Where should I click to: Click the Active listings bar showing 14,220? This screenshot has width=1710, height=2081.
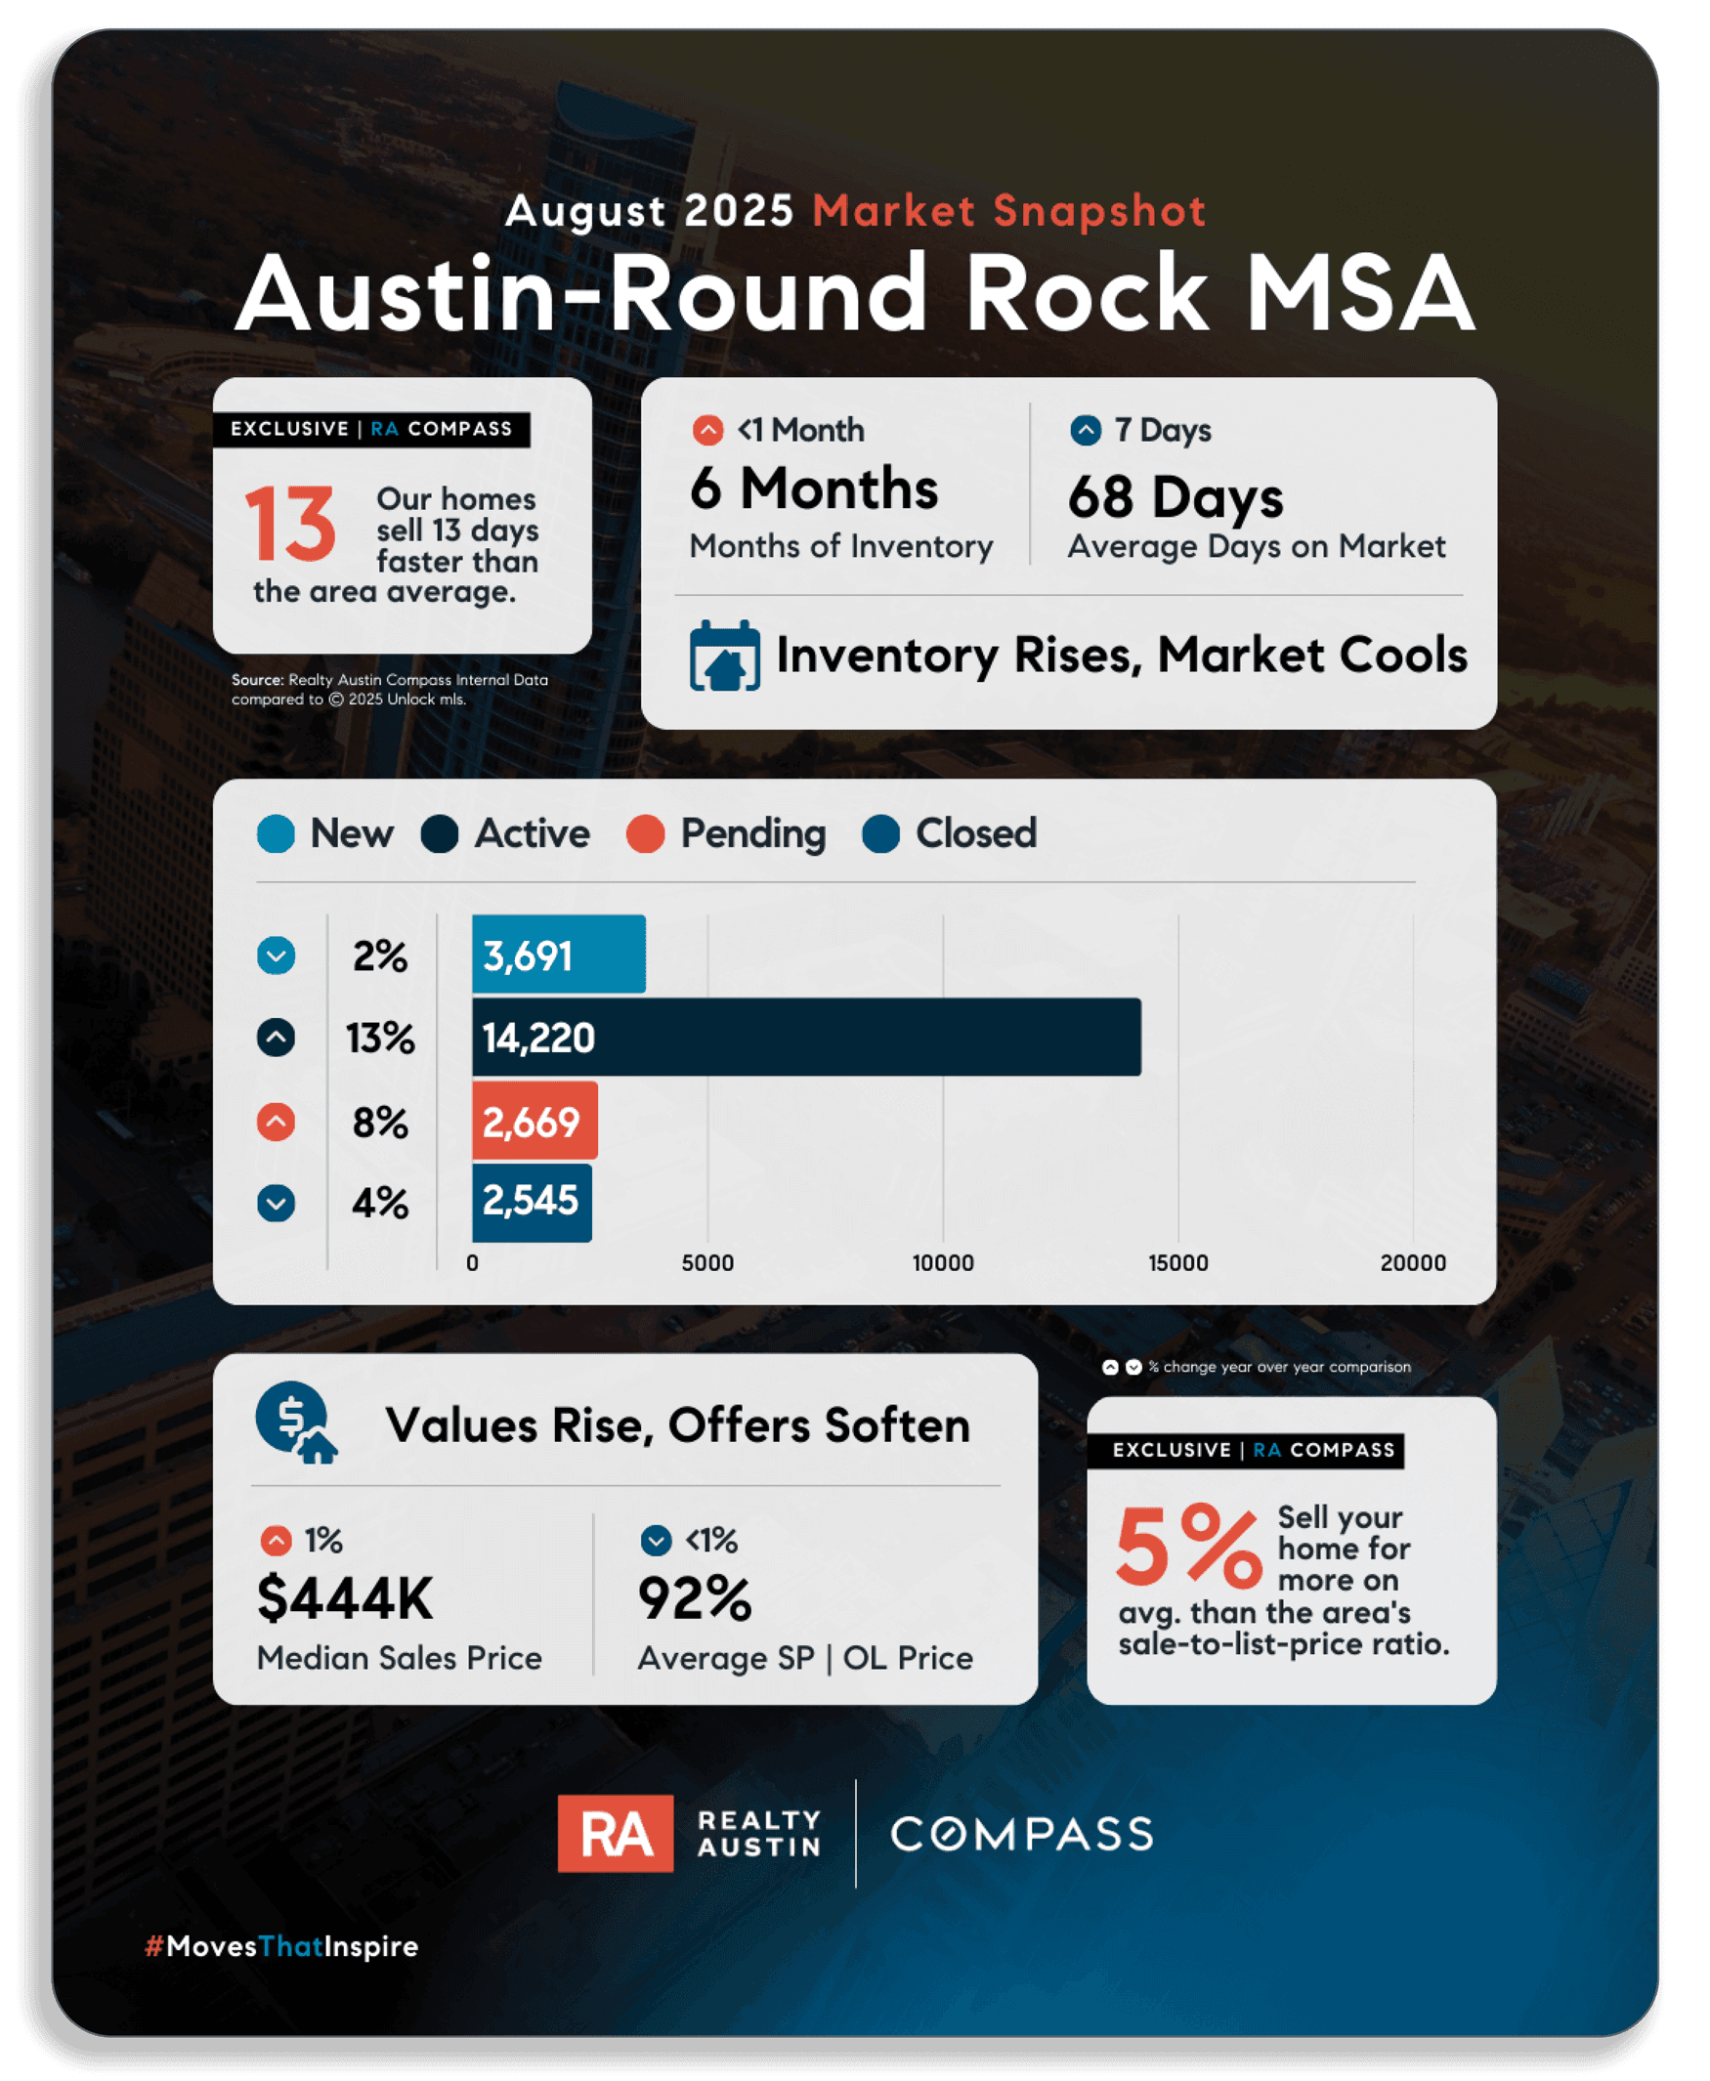pyautogui.click(x=806, y=1037)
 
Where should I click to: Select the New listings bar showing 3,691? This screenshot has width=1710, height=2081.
pyautogui.click(x=559, y=955)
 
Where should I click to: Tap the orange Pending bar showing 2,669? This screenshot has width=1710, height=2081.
pyautogui.click(x=534, y=1121)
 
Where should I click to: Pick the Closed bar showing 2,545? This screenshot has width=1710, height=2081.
pyautogui.click(x=531, y=1203)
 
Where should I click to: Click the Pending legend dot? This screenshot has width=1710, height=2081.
pyautogui.click(x=645, y=834)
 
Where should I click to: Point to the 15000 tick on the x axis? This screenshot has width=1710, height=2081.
pyautogui.click(x=1177, y=1262)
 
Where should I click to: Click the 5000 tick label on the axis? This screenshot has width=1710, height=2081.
pyautogui.click(x=707, y=1262)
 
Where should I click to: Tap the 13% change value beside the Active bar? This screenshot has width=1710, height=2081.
pyautogui.click(x=380, y=1038)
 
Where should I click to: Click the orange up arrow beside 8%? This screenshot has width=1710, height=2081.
pyautogui.click(x=276, y=1122)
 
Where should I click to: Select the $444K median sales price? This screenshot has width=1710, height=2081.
pyautogui.click(x=345, y=1597)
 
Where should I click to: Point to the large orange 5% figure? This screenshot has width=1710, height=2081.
pyautogui.click(x=1188, y=1547)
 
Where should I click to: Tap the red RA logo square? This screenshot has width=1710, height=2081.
pyautogui.click(x=616, y=1833)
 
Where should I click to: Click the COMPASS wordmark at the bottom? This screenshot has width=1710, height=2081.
pyautogui.click(x=1021, y=1834)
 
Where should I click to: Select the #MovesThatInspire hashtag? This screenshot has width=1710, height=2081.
pyautogui.click(x=281, y=1946)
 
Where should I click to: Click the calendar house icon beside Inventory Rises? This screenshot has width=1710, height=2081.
pyautogui.click(x=724, y=656)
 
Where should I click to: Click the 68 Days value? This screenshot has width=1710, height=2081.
pyautogui.click(x=1176, y=496)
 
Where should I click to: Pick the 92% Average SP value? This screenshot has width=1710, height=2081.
pyautogui.click(x=695, y=1597)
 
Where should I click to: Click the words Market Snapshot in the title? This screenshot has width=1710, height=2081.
pyautogui.click(x=1008, y=211)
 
